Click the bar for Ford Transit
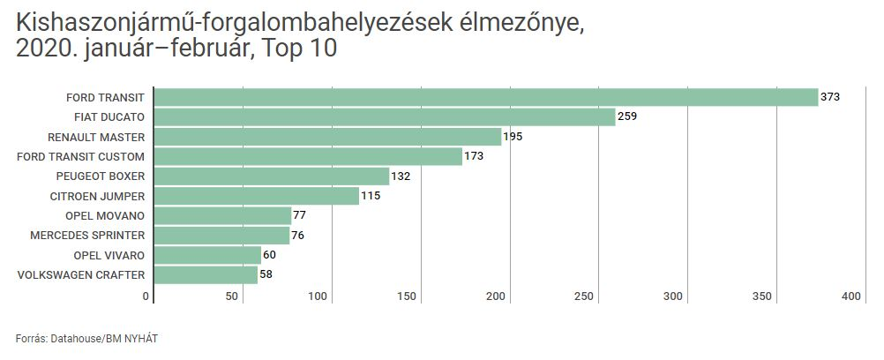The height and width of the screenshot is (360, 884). (486, 97)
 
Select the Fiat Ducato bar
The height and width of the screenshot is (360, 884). (385, 116)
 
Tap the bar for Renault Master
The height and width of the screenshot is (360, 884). (327, 137)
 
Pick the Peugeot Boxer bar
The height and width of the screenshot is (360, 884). (272, 176)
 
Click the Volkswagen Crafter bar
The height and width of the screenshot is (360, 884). (206, 275)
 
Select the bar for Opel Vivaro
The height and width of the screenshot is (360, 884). (207, 255)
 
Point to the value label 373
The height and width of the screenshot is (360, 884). (830, 97)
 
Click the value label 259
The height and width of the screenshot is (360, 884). (627, 116)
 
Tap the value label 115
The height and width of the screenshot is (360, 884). (371, 196)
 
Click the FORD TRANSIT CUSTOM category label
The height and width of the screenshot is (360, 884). (81, 156)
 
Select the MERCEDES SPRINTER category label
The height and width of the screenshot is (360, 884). (87, 236)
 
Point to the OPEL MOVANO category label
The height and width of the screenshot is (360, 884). (105, 215)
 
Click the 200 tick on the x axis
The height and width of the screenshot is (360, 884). (496, 297)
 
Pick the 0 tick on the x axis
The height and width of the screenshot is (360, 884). (146, 297)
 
